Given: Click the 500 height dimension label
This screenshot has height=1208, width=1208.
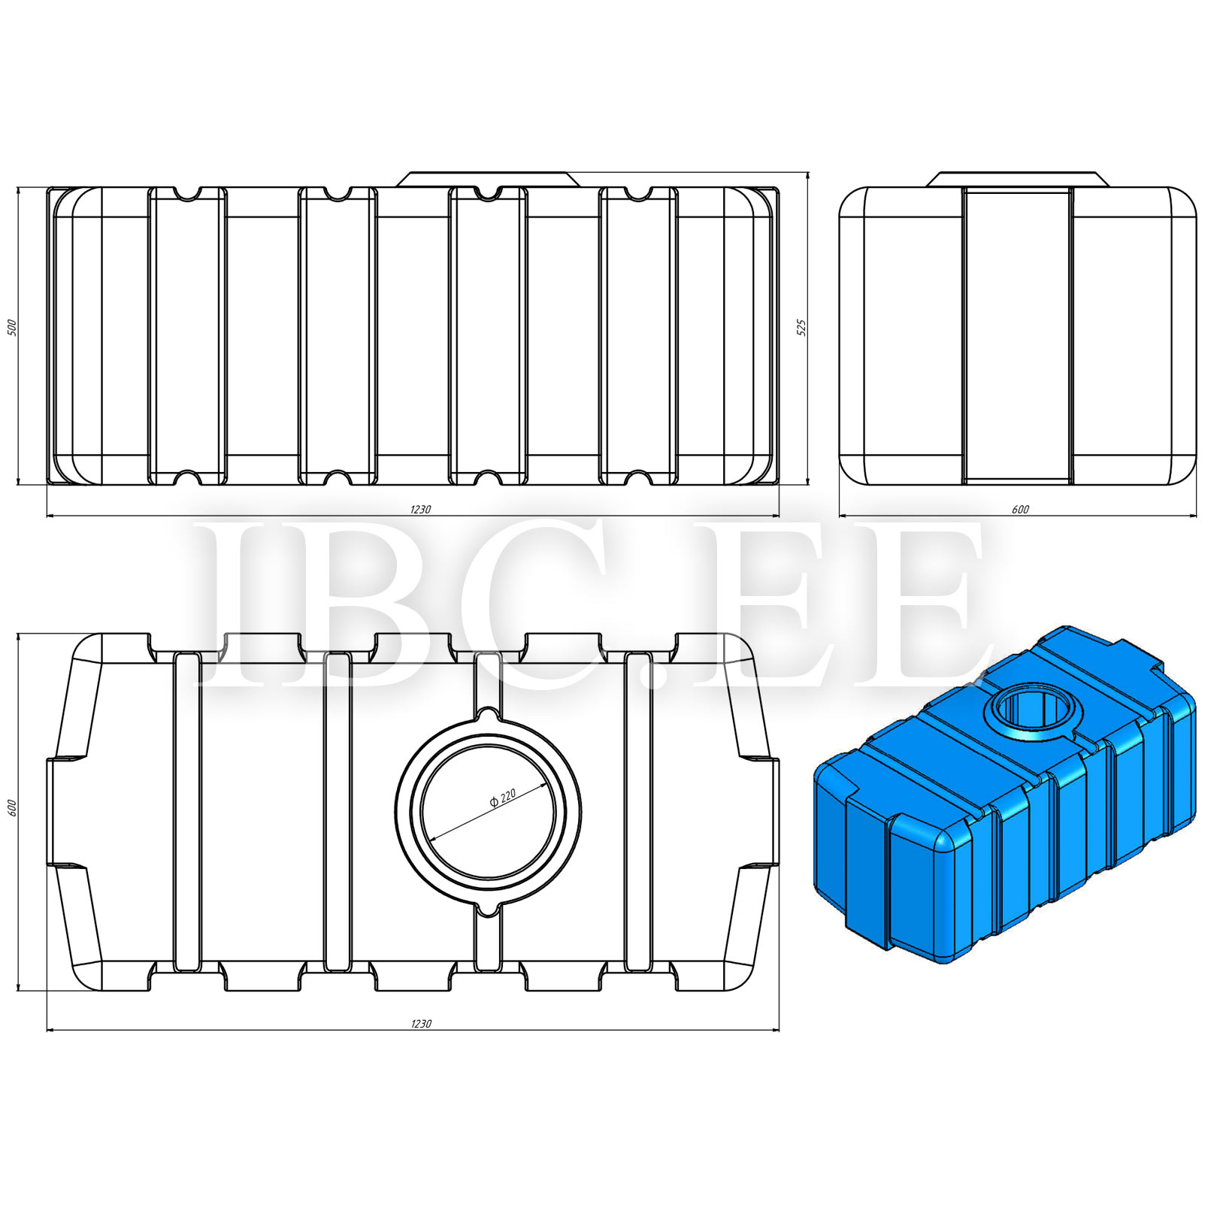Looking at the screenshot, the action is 11,328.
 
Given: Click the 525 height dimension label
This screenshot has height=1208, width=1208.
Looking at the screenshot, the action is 801,328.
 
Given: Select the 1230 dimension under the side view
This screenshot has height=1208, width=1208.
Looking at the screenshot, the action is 420,509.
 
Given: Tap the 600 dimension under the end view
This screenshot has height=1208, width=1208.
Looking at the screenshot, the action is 1020,509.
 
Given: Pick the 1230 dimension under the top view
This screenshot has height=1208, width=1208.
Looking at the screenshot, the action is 421,1023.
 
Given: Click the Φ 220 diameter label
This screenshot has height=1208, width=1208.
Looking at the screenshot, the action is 503,797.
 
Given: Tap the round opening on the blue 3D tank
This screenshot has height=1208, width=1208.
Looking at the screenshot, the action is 1031,711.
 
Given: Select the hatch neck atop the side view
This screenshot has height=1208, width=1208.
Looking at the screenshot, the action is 489,179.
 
